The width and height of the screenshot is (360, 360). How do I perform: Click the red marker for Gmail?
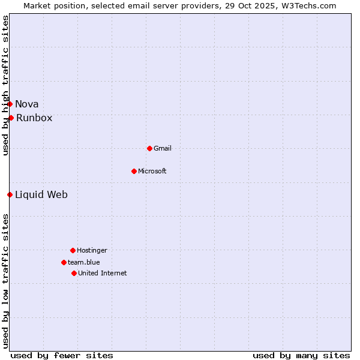click(149, 148)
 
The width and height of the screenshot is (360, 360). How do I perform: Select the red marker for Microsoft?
click(134, 171)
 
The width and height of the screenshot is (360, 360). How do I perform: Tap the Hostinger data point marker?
click(73, 250)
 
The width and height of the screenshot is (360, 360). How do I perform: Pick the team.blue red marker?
click(64, 262)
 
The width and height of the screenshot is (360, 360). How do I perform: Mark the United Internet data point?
click(74, 273)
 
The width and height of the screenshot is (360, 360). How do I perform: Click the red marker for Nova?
click(10, 104)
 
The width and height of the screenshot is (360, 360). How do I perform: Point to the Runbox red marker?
click(11, 118)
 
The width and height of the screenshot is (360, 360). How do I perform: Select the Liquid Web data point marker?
click(10, 194)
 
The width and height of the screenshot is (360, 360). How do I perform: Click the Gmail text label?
click(163, 148)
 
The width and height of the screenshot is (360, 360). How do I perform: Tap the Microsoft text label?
click(152, 171)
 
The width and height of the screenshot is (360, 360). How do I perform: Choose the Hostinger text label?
click(92, 250)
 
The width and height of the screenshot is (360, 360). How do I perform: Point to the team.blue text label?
click(84, 262)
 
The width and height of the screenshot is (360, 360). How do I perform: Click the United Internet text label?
click(103, 273)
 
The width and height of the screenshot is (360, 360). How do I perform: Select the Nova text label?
click(27, 104)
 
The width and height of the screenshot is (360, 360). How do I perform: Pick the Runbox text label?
click(34, 118)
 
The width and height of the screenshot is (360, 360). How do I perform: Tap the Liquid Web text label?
click(41, 194)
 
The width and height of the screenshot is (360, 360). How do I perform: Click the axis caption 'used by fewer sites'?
click(62, 355)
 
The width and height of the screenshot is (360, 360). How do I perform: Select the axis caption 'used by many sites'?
click(301, 355)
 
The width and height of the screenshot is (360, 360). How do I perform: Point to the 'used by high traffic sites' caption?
click(5, 85)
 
